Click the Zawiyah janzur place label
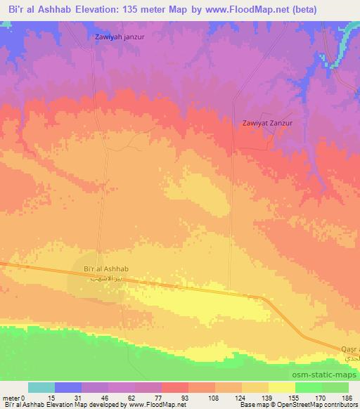pos(119,37)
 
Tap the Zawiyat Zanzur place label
pos(266,122)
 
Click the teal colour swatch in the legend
pos(41,387)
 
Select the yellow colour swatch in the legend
pos(281,387)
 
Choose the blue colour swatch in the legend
pos(68,387)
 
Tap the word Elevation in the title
pos(92,10)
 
